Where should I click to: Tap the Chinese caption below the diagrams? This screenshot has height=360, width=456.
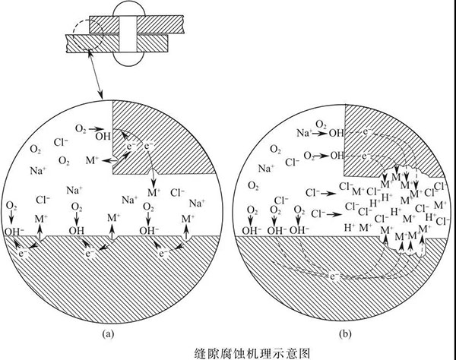pos(227,352)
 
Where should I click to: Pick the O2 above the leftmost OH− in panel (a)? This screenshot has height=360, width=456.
pos(11,207)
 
